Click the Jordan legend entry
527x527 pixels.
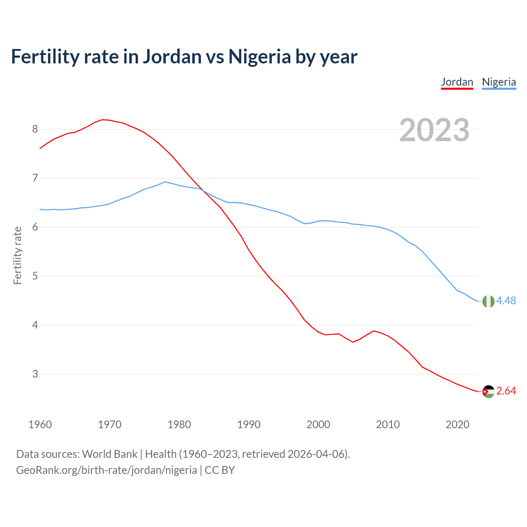[x=457, y=82]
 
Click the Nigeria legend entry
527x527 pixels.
[x=499, y=82]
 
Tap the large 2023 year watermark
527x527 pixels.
[x=434, y=131]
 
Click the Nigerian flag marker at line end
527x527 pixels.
[x=488, y=301]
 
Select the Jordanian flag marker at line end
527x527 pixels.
[x=488, y=392]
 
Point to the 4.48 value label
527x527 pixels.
[x=506, y=301]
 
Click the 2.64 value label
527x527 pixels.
[x=506, y=391]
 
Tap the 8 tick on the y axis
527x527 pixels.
[x=35, y=129]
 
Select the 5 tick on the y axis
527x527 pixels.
[x=35, y=276]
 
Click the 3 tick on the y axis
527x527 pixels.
[x=35, y=374]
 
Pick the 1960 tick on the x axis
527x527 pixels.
[x=40, y=424]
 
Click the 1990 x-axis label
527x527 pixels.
[x=249, y=424]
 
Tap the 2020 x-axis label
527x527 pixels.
[x=457, y=424]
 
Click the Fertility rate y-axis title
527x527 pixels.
[x=17, y=255]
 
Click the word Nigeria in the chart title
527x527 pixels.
[x=259, y=56]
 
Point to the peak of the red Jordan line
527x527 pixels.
[x=103, y=119]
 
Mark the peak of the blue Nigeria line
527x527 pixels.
[x=165, y=182]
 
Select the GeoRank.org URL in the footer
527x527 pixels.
[x=106, y=470]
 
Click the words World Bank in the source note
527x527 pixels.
[x=110, y=454]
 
